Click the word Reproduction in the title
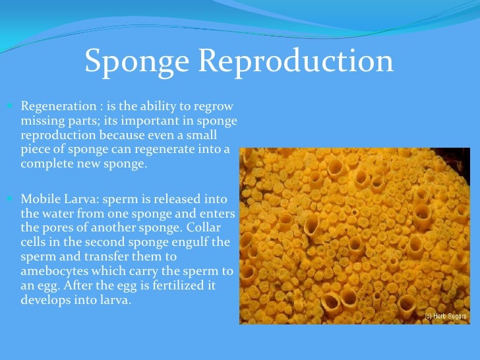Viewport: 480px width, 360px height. click(296, 61)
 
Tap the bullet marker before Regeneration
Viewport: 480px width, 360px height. click(15, 106)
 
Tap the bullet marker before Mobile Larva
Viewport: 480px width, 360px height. click(15, 198)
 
